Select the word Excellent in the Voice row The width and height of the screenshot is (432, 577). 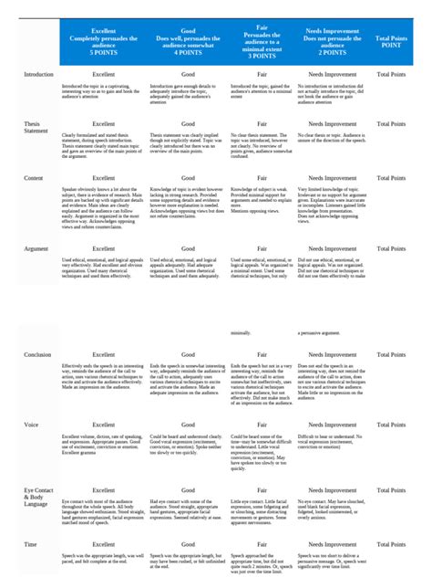(x=103, y=425)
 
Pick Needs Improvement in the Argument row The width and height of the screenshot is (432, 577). (x=333, y=248)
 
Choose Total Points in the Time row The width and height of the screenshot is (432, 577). (x=396, y=545)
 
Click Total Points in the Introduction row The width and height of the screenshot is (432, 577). (x=396, y=74)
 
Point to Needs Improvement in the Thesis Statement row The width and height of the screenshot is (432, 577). (x=333, y=122)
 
